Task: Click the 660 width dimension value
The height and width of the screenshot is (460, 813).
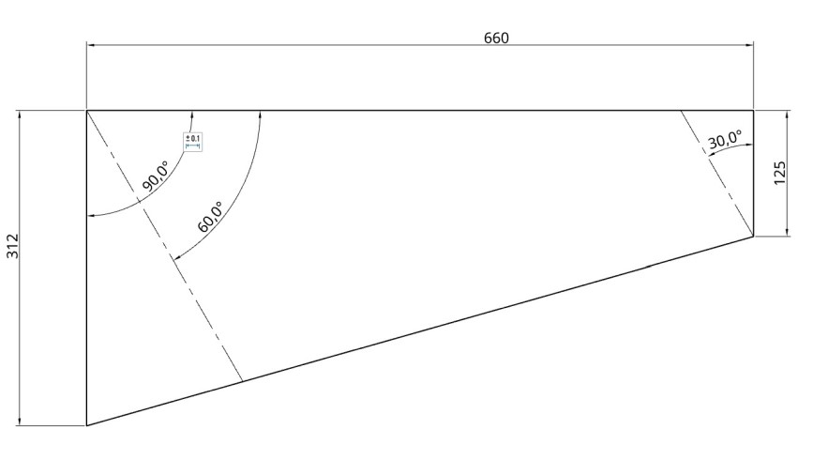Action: [x=496, y=38]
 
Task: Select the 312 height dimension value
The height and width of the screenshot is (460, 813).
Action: [x=13, y=246]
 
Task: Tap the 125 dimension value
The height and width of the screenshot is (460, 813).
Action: [x=780, y=172]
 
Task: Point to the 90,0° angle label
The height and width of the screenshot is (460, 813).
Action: [x=156, y=176]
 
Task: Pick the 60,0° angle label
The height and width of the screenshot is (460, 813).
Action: [x=210, y=218]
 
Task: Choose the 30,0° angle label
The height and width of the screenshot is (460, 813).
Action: [x=725, y=141]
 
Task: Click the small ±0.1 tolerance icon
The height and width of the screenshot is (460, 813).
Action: [x=193, y=142]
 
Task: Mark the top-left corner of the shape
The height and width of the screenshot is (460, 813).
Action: [x=87, y=111]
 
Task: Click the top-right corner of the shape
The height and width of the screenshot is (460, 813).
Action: [x=754, y=111]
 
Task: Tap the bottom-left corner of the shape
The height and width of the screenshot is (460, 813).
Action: [x=87, y=425]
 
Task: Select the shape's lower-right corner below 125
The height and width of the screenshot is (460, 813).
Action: [x=754, y=237]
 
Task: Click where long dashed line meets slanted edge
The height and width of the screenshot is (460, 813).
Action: [x=243, y=381]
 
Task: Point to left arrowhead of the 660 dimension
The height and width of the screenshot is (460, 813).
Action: [x=90, y=44]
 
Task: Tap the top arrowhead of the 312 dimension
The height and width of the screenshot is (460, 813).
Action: [x=20, y=115]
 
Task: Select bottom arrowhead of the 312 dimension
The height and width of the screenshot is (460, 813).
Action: [x=20, y=422]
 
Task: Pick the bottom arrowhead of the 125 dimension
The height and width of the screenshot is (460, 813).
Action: [x=787, y=233]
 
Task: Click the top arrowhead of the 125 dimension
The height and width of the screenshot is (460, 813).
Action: [x=787, y=115]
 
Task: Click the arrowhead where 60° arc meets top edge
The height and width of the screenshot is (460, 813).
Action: [x=259, y=115]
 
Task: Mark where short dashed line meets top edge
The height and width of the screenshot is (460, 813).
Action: [x=681, y=111]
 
